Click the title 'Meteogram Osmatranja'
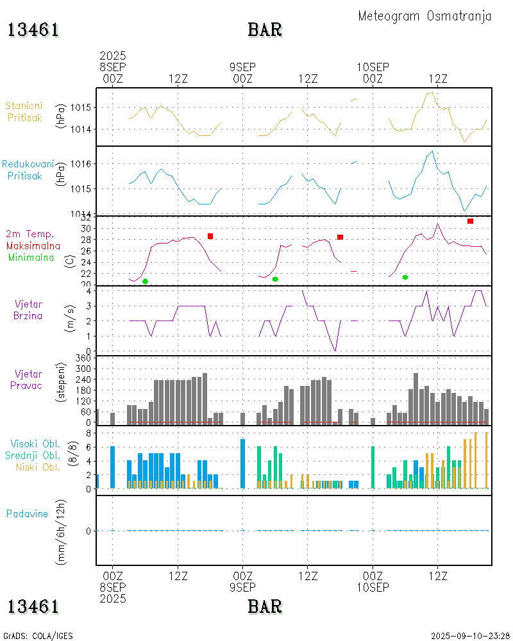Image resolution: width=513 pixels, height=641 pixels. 425,16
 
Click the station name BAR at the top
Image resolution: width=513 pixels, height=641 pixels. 265,29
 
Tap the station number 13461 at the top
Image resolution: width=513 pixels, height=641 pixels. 33,29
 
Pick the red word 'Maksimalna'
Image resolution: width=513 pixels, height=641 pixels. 33,246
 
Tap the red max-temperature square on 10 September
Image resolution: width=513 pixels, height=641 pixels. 470,221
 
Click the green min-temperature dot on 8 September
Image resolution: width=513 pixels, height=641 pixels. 145,281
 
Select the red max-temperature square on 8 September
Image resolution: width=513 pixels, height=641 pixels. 210,237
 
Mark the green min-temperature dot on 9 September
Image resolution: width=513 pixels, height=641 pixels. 275,279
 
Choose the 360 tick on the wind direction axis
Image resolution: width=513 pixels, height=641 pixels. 85,358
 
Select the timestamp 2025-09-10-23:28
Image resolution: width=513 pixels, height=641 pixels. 470,636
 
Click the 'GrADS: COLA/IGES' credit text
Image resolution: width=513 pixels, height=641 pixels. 38,636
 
